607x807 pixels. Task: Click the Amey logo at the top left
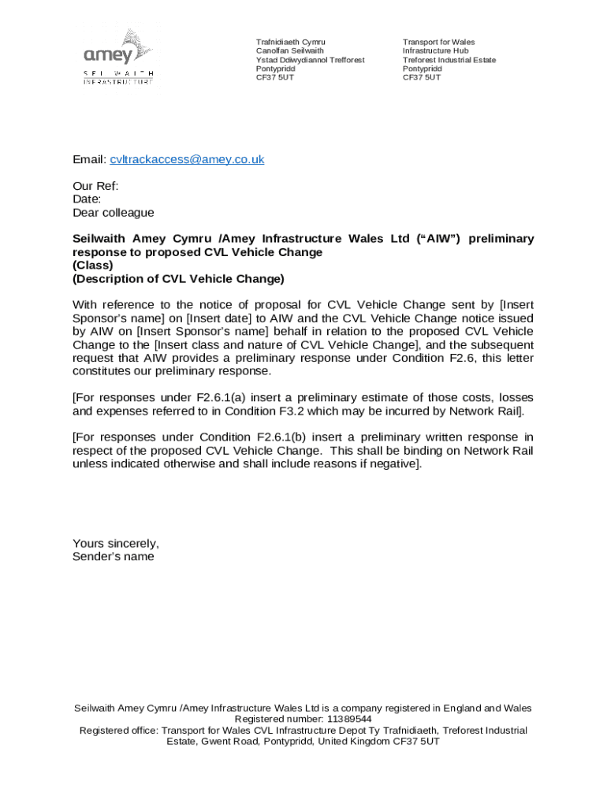pyautogui.click(x=118, y=56)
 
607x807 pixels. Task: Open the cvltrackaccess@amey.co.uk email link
pyautogui.click(x=187, y=159)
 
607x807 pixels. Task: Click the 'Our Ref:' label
pyautogui.click(x=95, y=187)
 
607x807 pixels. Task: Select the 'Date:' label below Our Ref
pyautogui.click(x=87, y=199)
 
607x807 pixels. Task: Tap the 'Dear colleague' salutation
pyautogui.click(x=114, y=213)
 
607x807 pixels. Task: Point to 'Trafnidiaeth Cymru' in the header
pyautogui.click(x=290, y=42)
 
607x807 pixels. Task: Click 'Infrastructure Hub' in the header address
pyautogui.click(x=435, y=50)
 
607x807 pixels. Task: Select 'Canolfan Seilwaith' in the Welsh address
pyautogui.click(x=289, y=50)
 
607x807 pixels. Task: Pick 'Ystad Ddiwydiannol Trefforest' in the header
pyautogui.click(x=310, y=60)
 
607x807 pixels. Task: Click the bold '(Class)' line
pyautogui.click(x=93, y=265)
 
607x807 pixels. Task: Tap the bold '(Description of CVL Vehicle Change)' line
pyautogui.click(x=178, y=278)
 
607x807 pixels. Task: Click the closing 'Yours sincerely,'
pyautogui.click(x=116, y=543)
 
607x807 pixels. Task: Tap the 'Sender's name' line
pyautogui.click(x=114, y=556)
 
